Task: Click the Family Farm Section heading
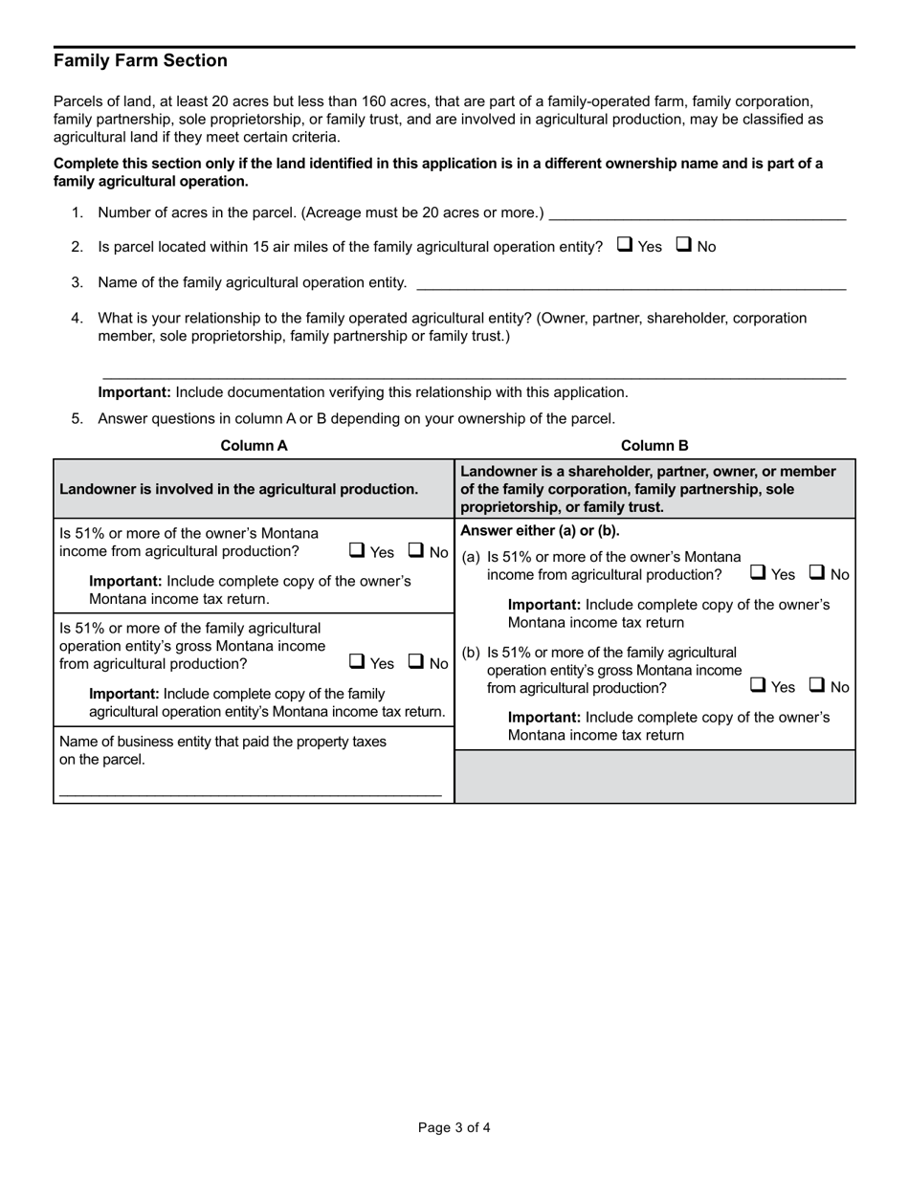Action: click(x=141, y=61)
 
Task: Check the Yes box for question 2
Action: click(x=624, y=245)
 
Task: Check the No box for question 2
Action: click(x=684, y=245)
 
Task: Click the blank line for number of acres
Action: click(x=698, y=212)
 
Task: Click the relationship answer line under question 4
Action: click(x=473, y=371)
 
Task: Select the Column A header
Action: click(x=254, y=446)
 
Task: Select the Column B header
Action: click(x=654, y=446)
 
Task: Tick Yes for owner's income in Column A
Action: click(x=356, y=550)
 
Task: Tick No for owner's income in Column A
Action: click(x=416, y=550)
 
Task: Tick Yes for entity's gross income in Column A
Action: click(x=356, y=661)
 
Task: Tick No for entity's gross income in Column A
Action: click(x=416, y=661)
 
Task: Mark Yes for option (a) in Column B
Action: click(x=757, y=573)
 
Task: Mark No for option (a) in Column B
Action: click(x=817, y=573)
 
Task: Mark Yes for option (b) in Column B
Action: click(x=757, y=685)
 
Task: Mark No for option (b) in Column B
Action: click(x=817, y=685)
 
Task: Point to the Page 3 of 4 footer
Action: click(x=454, y=1127)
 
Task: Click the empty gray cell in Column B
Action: click(x=654, y=776)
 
